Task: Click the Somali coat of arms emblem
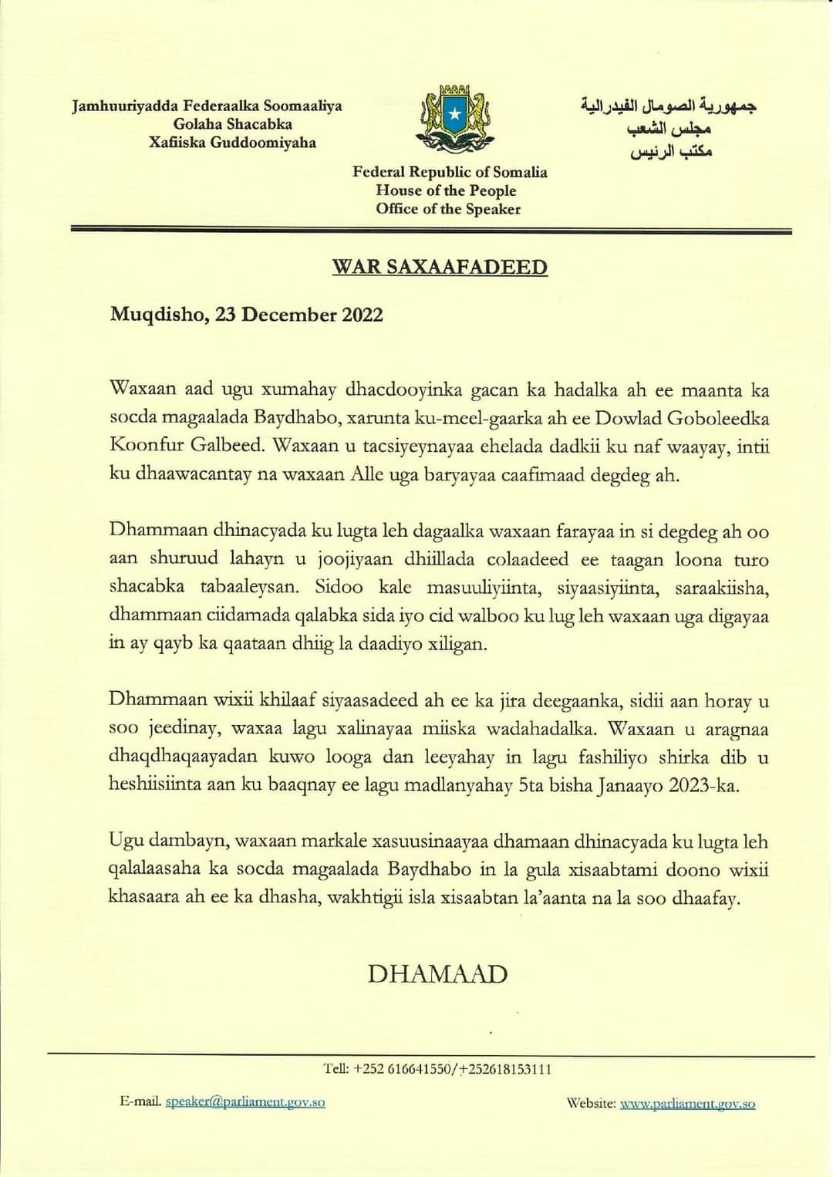pyautogui.click(x=454, y=118)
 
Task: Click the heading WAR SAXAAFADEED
pyautogui.click(x=440, y=267)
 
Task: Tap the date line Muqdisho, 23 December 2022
pyautogui.click(x=246, y=315)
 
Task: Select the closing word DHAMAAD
pyautogui.click(x=437, y=973)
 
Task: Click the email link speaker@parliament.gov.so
pyautogui.click(x=245, y=1102)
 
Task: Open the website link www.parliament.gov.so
pyautogui.click(x=687, y=1104)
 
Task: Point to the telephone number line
pyautogui.click(x=437, y=1069)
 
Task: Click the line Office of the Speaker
pyautogui.click(x=448, y=209)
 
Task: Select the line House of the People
pyautogui.click(x=446, y=191)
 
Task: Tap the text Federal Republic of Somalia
pyautogui.click(x=450, y=172)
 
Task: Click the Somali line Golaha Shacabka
pyautogui.click(x=233, y=124)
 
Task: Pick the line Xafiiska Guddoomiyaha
pyautogui.click(x=232, y=143)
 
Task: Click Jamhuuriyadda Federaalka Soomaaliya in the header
pyautogui.click(x=207, y=106)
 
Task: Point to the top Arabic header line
pyautogui.click(x=668, y=105)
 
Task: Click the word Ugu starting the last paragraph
pyautogui.click(x=126, y=841)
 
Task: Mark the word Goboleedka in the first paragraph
pyautogui.click(x=717, y=418)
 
